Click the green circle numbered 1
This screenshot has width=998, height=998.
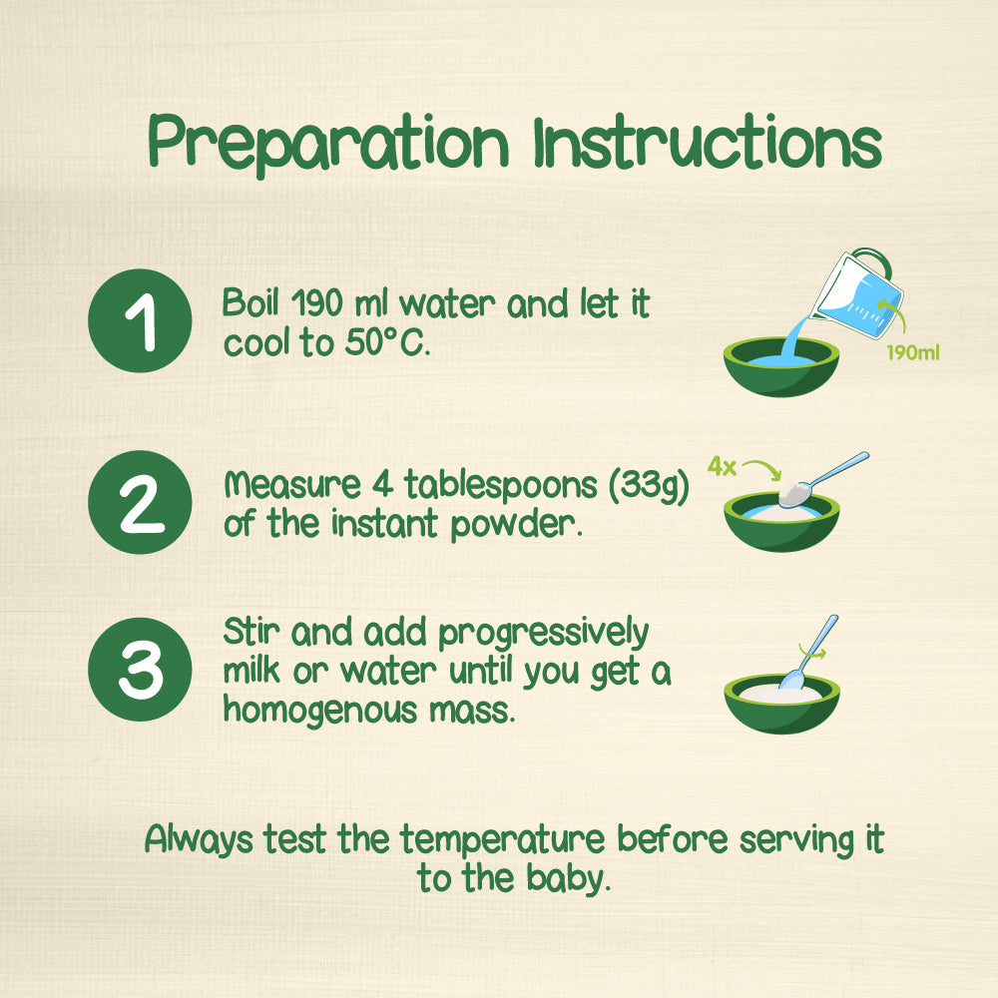click(140, 320)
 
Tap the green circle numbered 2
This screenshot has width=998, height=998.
click(140, 502)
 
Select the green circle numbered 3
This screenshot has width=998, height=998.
click(140, 670)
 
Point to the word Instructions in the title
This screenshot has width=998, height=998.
click(708, 142)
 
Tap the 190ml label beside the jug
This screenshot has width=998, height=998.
click(913, 352)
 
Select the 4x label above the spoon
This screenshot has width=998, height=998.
click(722, 466)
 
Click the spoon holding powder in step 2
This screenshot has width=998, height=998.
click(821, 480)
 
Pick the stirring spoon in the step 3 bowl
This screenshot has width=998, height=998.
click(809, 653)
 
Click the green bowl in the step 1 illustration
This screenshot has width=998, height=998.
click(781, 367)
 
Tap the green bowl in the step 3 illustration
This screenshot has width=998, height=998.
click(781, 704)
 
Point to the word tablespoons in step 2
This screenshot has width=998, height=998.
click(501, 486)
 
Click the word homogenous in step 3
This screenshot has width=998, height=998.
click(320, 710)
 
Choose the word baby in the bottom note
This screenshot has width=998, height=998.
click(569, 879)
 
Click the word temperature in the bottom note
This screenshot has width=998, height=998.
click(502, 839)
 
